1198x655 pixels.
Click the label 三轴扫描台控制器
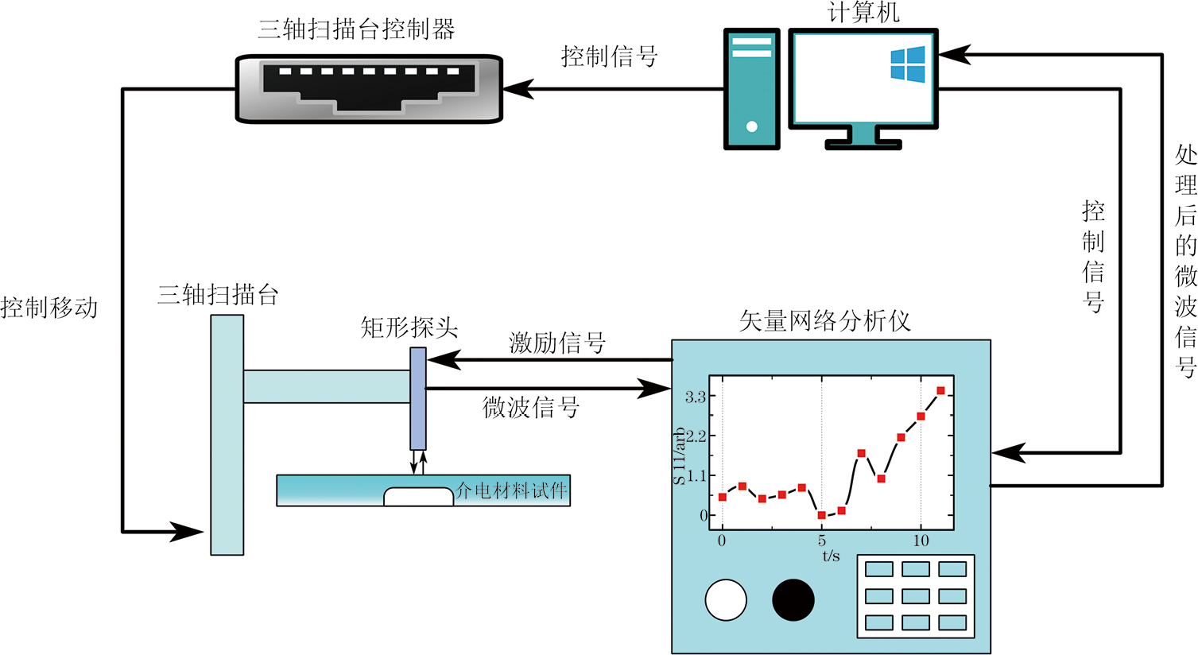pyautogui.click(x=356, y=30)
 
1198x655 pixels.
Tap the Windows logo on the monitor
pyautogui.click(x=908, y=64)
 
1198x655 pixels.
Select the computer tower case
pyautogui.click(x=751, y=89)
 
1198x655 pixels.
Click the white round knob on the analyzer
pyautogui.click(x=726, y=599)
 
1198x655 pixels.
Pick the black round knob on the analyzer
pyautogui.click(x=793, y=599)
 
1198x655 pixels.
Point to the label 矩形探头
pyautogui.click(x=409, y=327)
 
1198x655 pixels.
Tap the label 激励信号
pyautogui.click(x=557, y=343)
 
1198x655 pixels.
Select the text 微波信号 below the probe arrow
pyautogui.click(x=530, y=407)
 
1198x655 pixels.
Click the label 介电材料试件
pyautogui.click(x=511, y=490)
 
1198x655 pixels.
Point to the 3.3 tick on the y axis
pyautogui.click(x=696, y=397)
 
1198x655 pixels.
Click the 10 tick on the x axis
pyautogui.click(x=921, y=541)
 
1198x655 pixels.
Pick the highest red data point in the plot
pyautogui.click(x=940, y=391)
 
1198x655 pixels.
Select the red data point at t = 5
pyautogui.click(x=821, y=516)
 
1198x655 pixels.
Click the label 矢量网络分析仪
pyautogui.click(x=824, y=321)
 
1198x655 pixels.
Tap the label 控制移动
pyautogui.click(x=49, y=308)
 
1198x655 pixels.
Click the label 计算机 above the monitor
pyautogui.click(x=863, y=12)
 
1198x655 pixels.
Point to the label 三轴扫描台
pyautogui.click(x=218, y=296)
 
